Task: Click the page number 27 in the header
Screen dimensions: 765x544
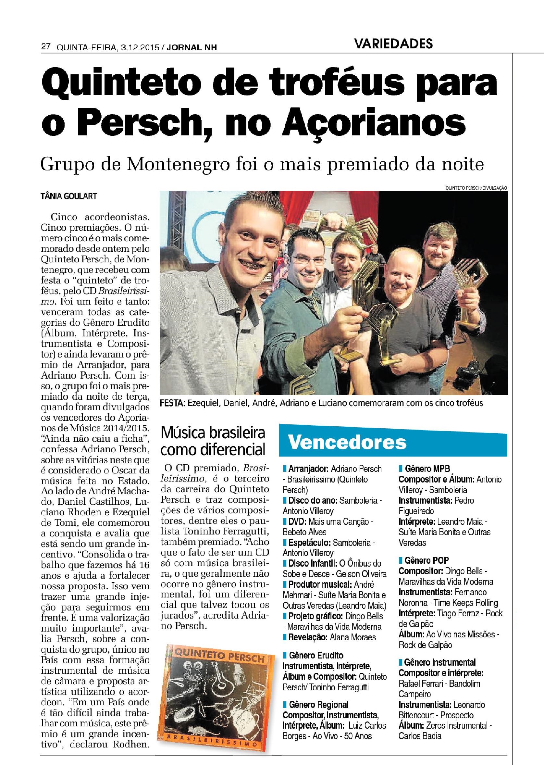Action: [x=45, y=47]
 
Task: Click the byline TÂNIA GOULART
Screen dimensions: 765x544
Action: [x=69, y=196]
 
